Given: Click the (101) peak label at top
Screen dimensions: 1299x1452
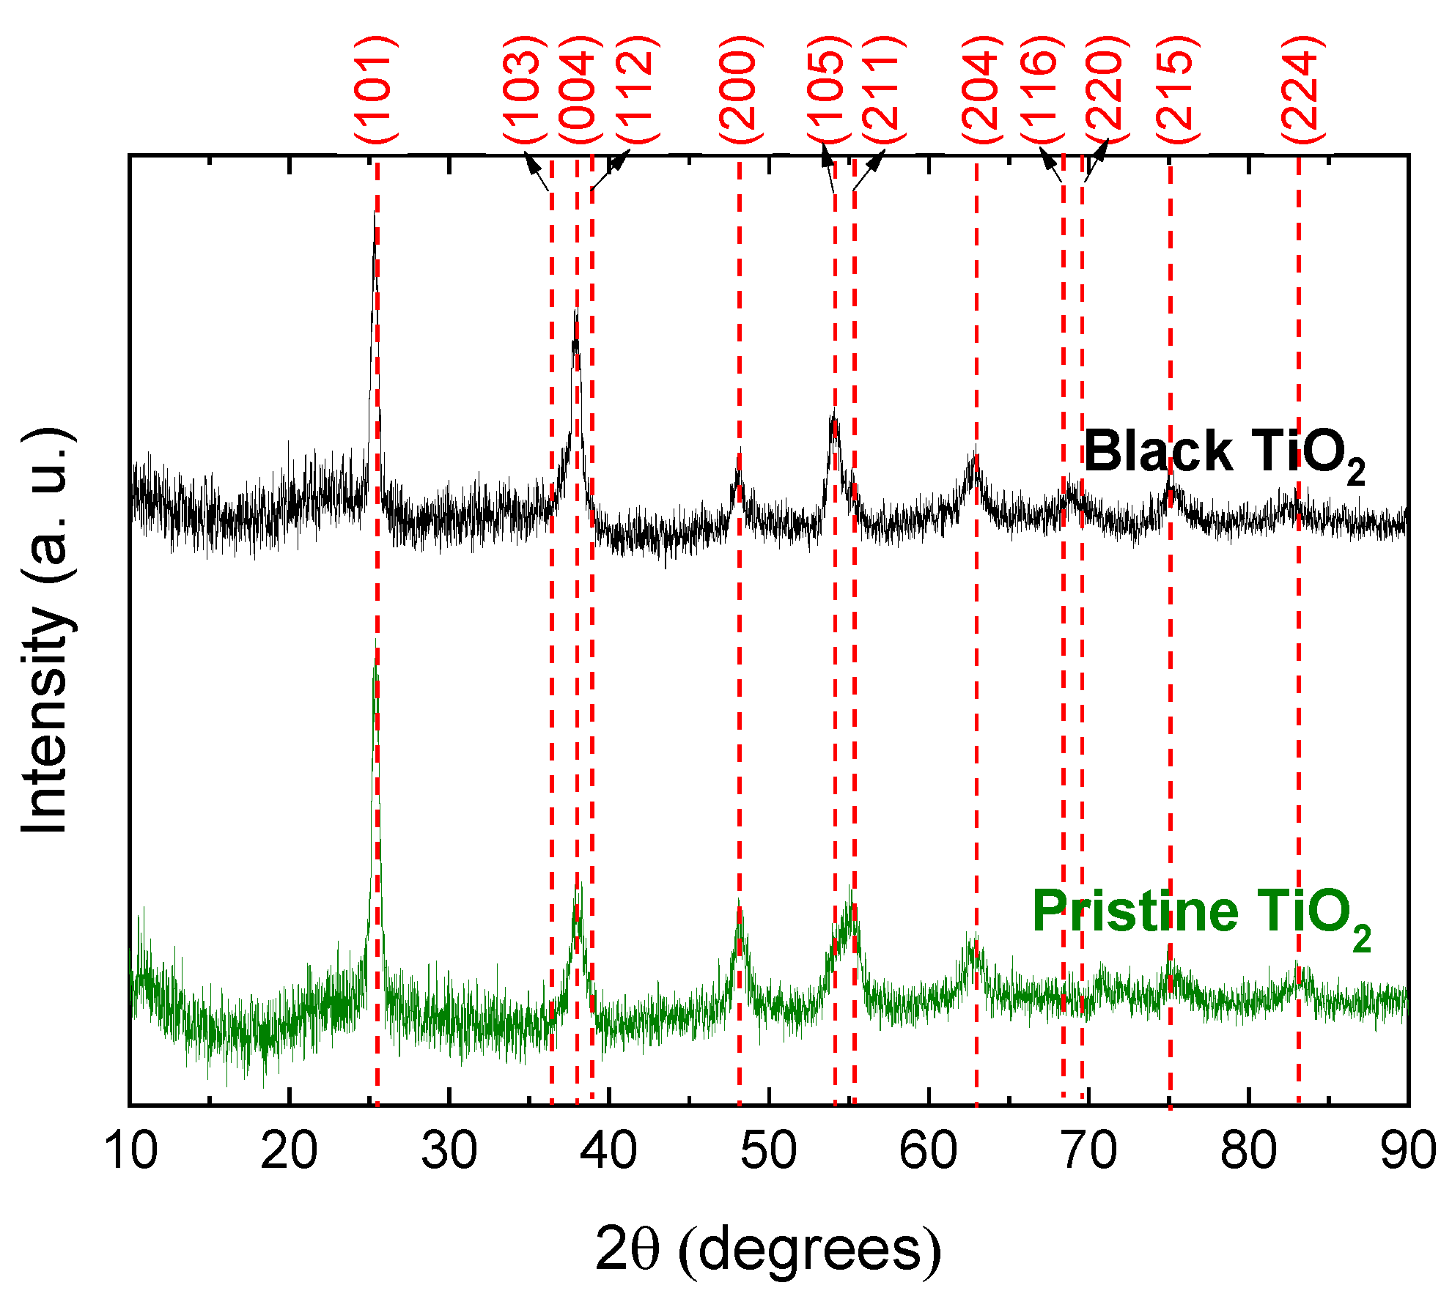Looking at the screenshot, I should (376, 89).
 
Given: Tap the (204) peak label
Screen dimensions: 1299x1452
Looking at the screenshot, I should (981, 89).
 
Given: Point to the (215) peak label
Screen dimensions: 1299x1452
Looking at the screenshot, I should (1177, 89).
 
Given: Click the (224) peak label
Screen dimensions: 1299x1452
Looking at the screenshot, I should (1302, 89).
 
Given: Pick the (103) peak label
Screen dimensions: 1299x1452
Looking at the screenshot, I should (525, 89).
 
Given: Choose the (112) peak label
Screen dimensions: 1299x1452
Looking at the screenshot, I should (635, 89).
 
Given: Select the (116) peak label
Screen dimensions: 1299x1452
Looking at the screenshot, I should (1042, 89).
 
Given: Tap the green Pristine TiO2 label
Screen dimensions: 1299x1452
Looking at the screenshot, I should (1201, 914).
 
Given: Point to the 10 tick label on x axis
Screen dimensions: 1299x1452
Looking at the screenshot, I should (131, 1150).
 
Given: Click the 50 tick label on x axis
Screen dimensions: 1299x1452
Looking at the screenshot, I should (768, 1150).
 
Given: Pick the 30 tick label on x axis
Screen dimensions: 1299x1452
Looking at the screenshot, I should (449, 1150).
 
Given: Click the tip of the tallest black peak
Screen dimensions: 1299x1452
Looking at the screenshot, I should (375, 213).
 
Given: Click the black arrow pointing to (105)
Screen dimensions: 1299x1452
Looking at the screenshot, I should (829, 168).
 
